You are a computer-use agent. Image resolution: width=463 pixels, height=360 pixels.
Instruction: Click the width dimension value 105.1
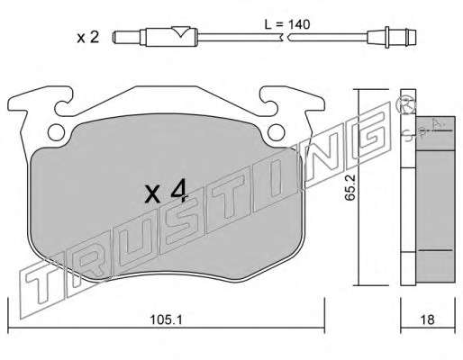pyautogui.click(x=167, y=319)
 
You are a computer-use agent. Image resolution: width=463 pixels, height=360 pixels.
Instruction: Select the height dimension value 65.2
pyautogui.click(x=350, y=188)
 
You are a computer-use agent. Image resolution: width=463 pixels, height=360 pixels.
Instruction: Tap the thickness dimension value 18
pyautogui.click(x=427, y=319)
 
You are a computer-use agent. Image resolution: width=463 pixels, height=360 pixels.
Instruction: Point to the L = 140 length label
pyautogui.click(x=287, y=24)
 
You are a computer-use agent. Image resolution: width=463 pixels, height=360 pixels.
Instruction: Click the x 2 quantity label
pyautogui.click(x=87, y=38)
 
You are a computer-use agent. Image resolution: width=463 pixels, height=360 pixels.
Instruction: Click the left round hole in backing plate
pyautogui.click(x=56, y=132)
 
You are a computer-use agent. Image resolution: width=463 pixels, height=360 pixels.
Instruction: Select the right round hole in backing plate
pyautogui.click(x=276, y=132)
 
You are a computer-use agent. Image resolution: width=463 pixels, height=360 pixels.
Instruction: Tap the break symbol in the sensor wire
pyautogui.click(x=286, y=38)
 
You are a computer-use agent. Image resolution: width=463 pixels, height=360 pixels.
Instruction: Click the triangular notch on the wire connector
pyautogui.click(x=180, y=31)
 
